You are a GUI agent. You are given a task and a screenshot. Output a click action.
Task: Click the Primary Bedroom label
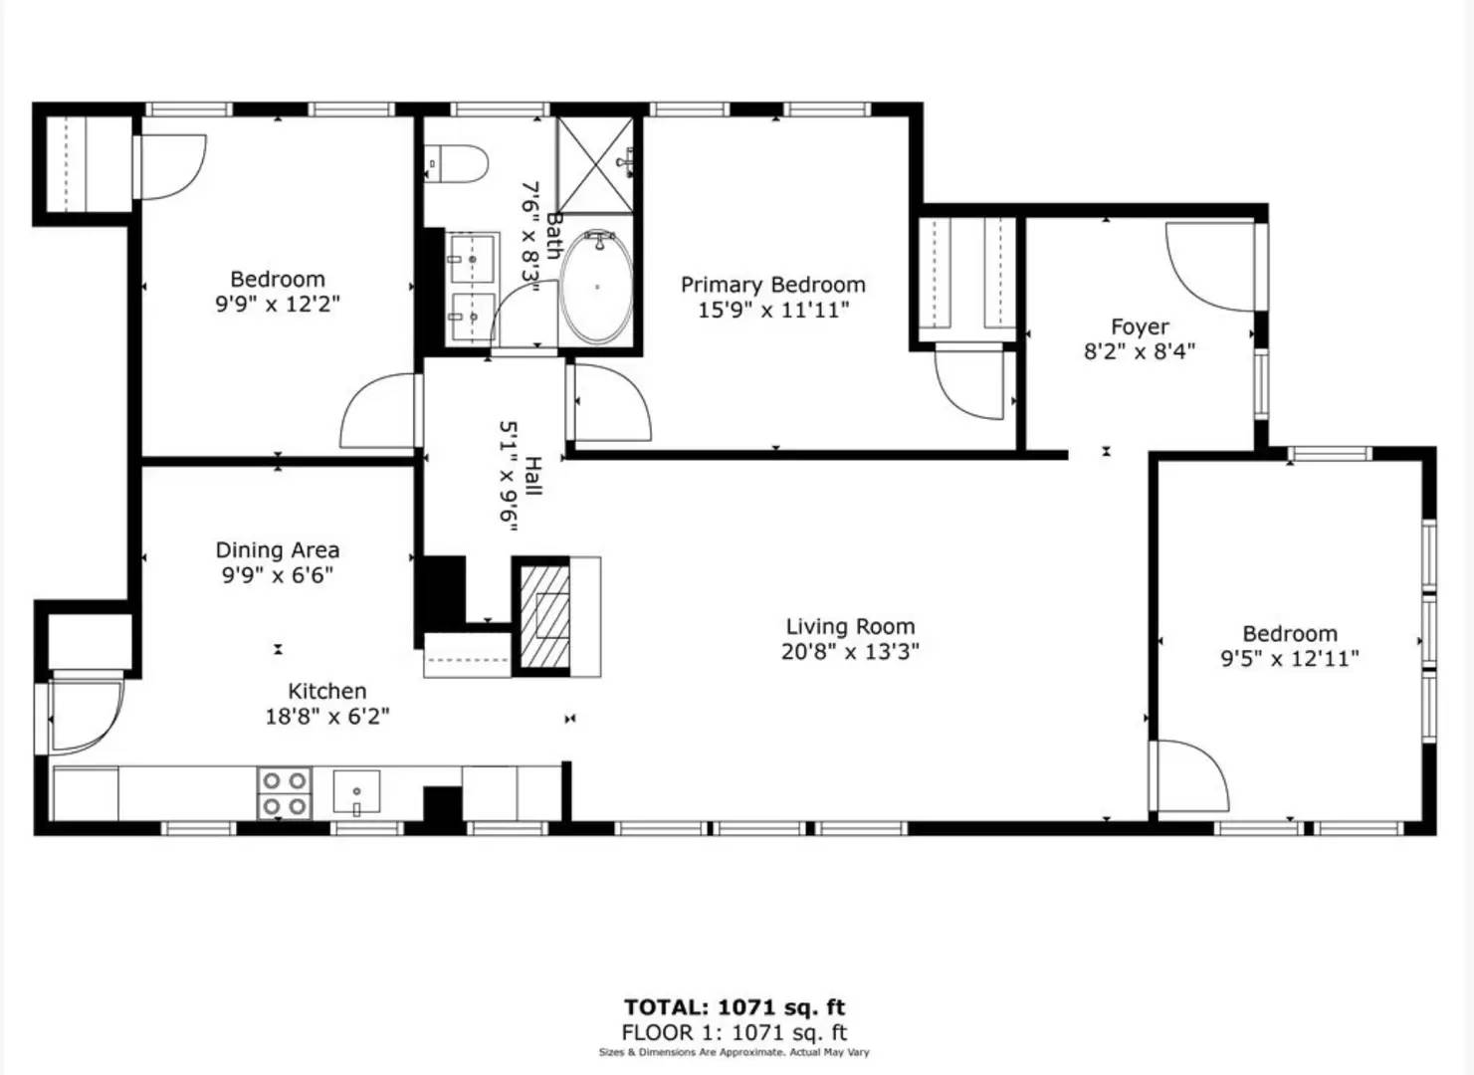click(772, 285)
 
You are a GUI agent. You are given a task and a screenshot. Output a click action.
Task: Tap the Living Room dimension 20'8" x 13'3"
click(850, 652)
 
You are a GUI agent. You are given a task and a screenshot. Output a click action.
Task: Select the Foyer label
click(1140, 326)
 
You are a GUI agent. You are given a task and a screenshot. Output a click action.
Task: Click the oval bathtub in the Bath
click(596, 288)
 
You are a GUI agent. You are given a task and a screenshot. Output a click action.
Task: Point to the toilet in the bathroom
click(458, 164)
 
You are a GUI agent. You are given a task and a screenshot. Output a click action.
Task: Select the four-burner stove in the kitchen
click(284, 793)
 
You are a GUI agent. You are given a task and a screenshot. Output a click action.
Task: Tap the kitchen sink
click(356, 792)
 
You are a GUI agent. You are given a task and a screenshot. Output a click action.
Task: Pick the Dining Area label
click(278, 550)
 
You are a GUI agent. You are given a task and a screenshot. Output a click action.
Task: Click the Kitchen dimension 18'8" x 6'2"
click(326, 716)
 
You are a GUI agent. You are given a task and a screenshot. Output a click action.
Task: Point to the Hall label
click(532, 476)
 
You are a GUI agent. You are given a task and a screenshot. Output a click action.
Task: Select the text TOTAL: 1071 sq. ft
click(735, 1007)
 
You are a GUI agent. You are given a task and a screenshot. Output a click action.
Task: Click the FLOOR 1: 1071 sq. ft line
click(735, 1033)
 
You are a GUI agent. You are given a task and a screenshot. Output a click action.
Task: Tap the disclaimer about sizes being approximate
click(735, 1052)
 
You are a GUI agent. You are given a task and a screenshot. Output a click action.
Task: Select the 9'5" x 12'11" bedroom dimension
click(1290, 658)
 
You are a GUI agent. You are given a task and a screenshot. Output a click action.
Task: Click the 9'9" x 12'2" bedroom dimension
click(278, 304)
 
